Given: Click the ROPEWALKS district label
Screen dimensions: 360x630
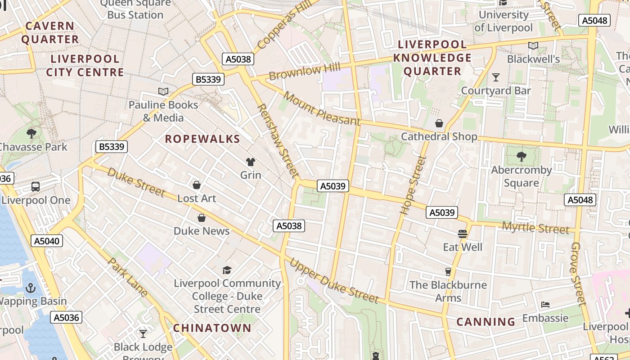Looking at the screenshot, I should coord(202,139).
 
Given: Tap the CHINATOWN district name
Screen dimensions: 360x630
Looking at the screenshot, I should coord(212,328).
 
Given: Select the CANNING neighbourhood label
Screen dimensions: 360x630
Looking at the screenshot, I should coord(486,322).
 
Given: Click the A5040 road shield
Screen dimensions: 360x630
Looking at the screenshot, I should coord(47,241).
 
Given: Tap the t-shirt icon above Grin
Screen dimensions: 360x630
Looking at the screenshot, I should coord(250,162).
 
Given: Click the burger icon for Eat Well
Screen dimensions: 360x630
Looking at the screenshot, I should coord(462,234).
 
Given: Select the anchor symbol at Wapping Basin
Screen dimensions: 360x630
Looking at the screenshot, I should coord(31,288).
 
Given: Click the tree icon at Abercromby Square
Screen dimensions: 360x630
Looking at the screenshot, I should coord(521,157).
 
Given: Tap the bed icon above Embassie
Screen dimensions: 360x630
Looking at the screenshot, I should coord(545,305).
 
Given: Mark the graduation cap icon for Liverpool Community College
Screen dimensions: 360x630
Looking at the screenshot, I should coord(227,270).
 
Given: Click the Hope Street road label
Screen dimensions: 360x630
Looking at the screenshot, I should coord(413,184).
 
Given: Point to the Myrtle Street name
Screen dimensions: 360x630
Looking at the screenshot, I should coord(535,227).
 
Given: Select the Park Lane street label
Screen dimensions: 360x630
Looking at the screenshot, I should coord(128,277).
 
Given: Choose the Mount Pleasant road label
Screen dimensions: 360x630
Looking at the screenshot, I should coord(322,109).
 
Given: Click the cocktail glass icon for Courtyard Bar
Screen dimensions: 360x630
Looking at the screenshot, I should coord(495,77).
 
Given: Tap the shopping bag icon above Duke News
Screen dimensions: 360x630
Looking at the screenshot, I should coord(202,218).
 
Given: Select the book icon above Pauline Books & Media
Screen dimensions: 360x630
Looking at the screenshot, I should coord(163,92).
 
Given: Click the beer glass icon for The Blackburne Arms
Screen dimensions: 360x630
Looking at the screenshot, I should coord(448,271).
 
